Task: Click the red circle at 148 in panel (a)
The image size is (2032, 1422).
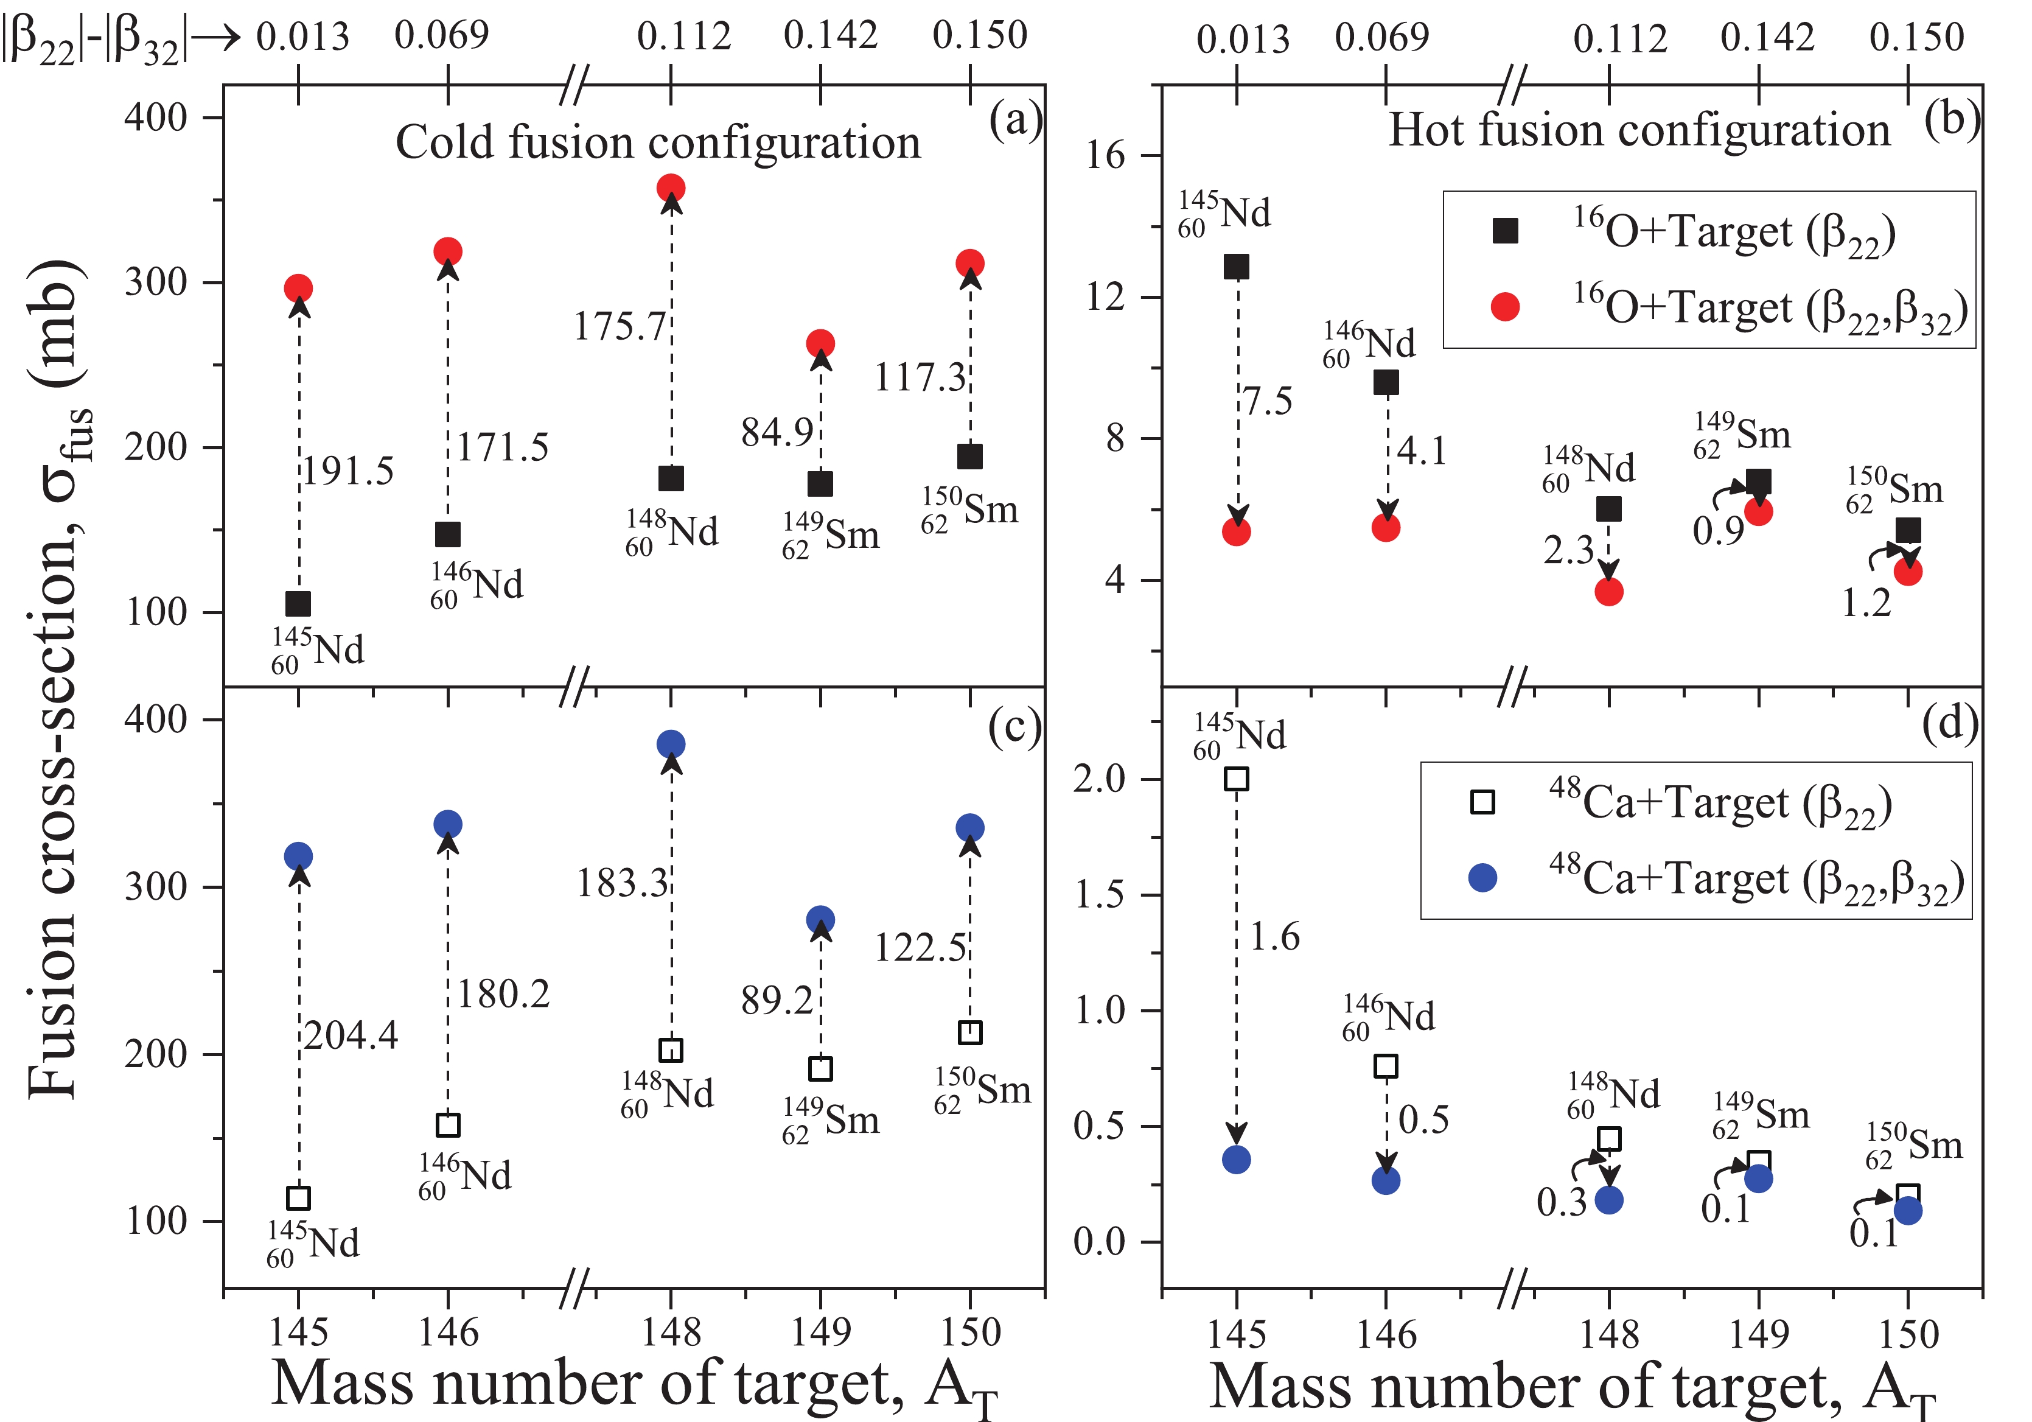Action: tap(671, 187)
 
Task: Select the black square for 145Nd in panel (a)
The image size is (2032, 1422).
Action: tap(298, 604)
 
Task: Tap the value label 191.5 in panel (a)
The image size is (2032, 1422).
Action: tap(349, 471)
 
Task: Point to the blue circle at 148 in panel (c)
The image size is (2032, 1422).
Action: tap(671, 744)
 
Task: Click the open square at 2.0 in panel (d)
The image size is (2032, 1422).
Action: tap(1237, 779)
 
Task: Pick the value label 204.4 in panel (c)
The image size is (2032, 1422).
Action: tap(351, 1035)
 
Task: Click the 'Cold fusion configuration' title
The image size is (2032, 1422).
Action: tap(658, 142)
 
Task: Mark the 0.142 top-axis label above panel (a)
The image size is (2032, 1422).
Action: tap(830, 35)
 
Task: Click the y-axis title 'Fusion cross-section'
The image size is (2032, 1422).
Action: tap(58, 682)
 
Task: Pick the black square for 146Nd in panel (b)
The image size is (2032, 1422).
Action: tap(1386, 382)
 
